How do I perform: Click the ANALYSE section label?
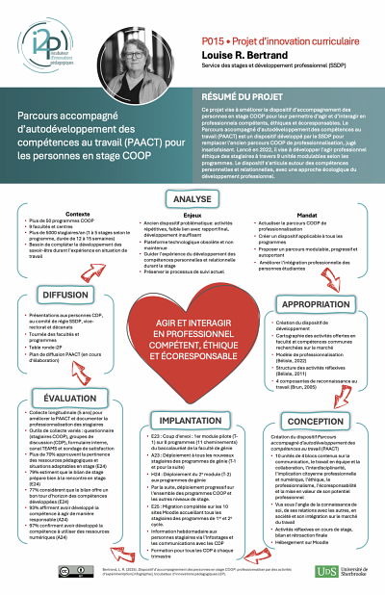click(192, 199)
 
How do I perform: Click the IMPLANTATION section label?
click(191, 421)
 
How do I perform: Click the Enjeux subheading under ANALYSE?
click(192, 214)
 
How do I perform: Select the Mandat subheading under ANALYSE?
click(308, 214)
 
